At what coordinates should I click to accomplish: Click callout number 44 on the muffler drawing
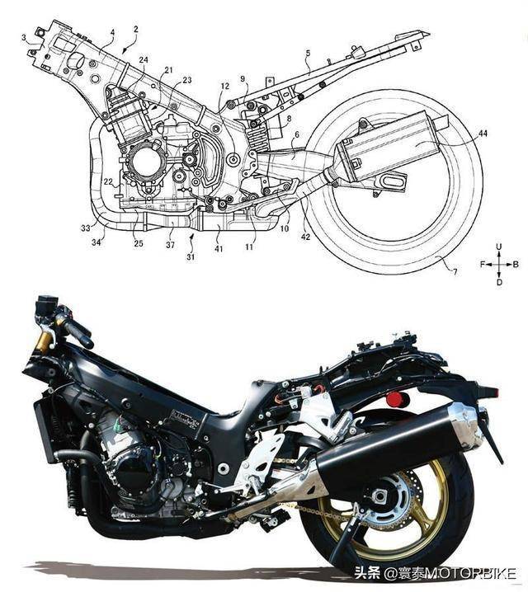pos(483,134)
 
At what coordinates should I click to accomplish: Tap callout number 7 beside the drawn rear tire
pos(455,272)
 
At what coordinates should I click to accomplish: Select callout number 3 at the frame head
pos(24,37)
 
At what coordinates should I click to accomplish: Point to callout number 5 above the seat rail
pos(308,54)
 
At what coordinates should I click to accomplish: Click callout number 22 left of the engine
pos(108,182)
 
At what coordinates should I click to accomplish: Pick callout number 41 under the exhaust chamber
pos(219,249)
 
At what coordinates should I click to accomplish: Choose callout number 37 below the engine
pos(170,245)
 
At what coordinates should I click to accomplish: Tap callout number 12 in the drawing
pos(225,86)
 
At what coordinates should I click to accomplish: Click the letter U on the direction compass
pos(499,247)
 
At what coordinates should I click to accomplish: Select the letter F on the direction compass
pos(483,265)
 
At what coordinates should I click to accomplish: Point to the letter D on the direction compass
pos(499,282)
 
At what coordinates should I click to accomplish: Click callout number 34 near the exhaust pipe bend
pos(97,242)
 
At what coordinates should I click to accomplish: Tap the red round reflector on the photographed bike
pos(395,399)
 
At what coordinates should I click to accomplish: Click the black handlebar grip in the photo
pos(79,336)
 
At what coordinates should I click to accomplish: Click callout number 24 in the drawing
pos(144,60)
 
